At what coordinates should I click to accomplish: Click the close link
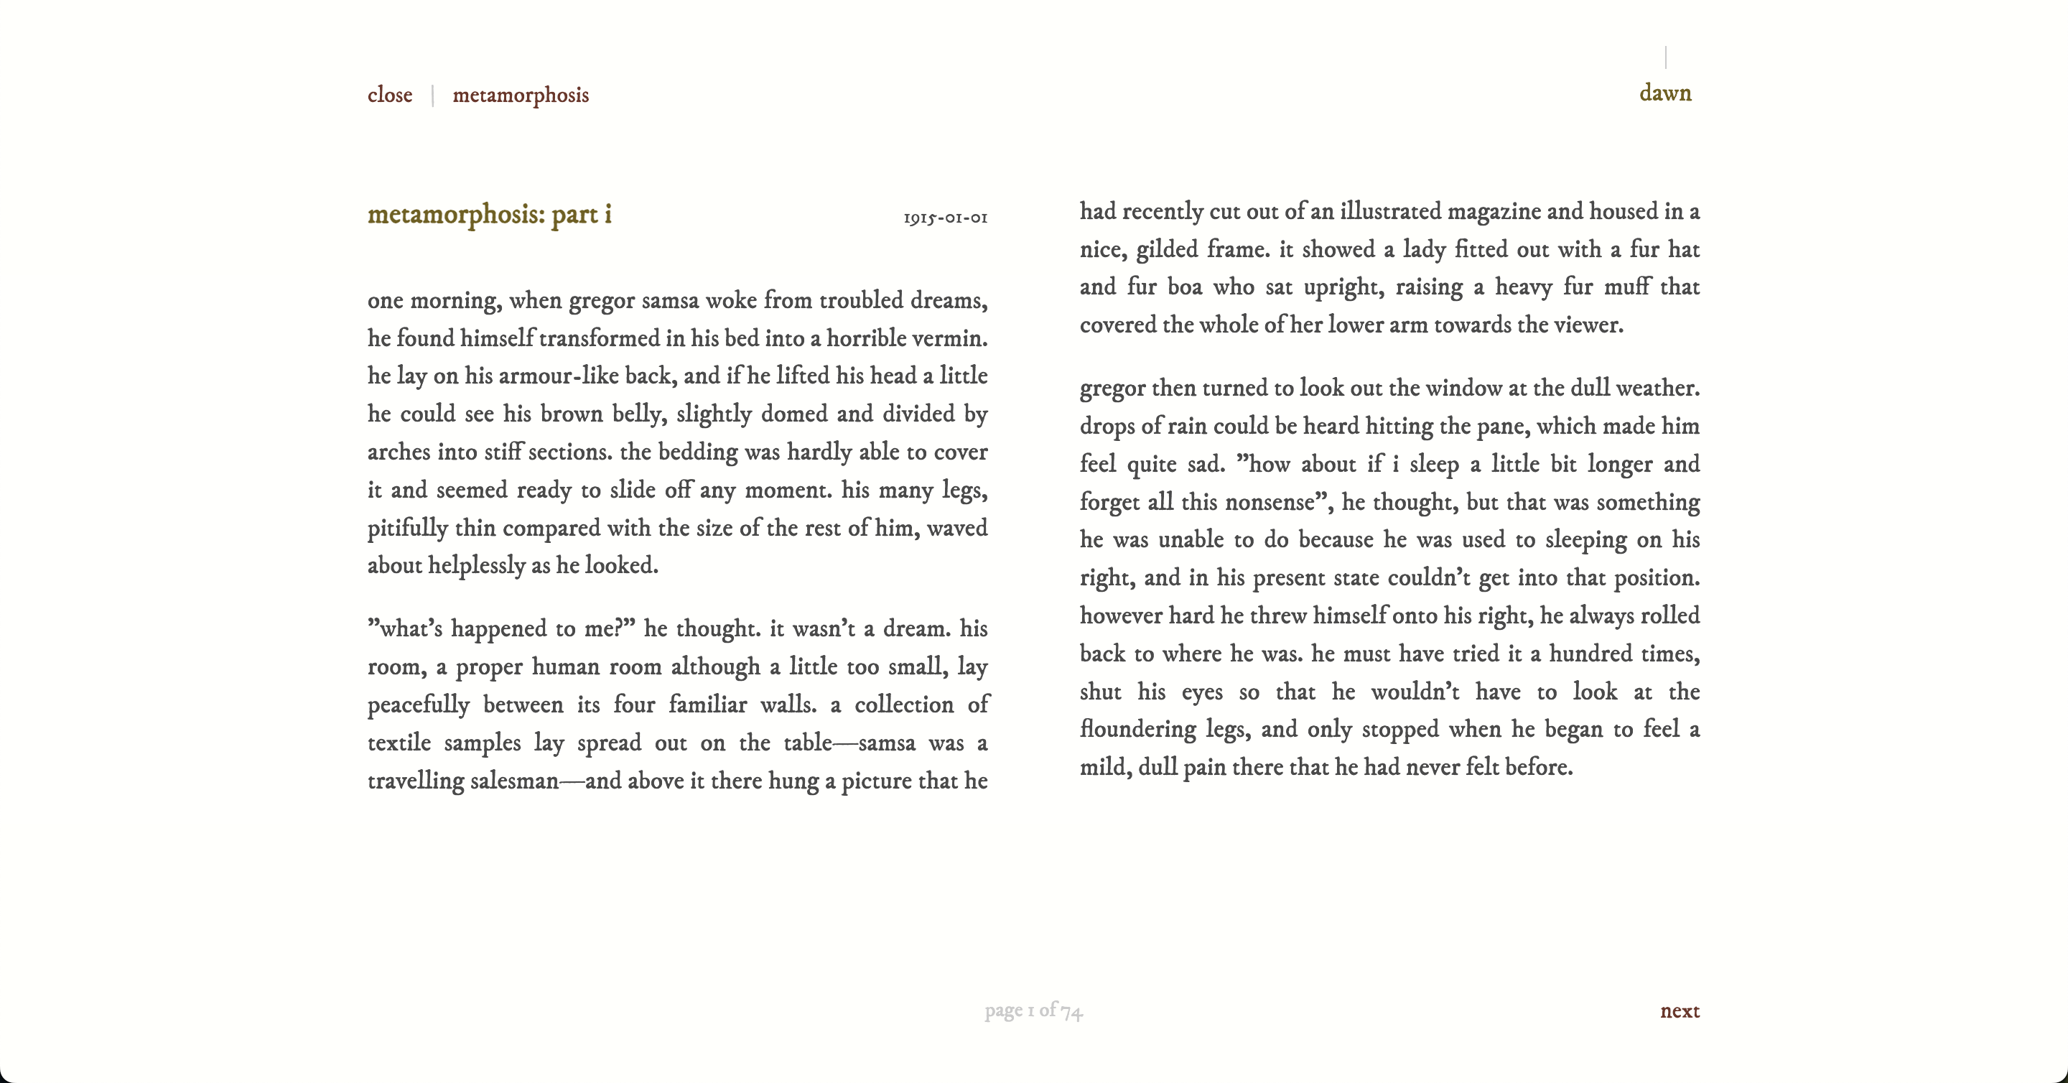pyautogui.click(x=389, y=95)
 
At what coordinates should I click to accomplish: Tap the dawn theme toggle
pyautogui.click(x=1664, y=93)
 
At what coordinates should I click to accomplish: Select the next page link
pyautogui.click(x=1680, y=1010)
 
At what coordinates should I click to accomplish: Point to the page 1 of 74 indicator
pyautogui.click(x=1033, y=1010)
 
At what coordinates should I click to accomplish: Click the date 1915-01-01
pyautogui.click(x=945, y=218)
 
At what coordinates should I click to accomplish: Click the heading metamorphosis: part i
pyautogui.click(x=489, y=214)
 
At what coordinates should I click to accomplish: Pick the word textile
pyautogui.click(x=399, y=743)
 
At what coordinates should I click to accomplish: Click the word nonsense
pyautogui.click(x=1270, y=502)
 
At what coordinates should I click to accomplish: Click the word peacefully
pyautogui.click(x=418, y=705)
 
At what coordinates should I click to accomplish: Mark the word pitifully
pyautogui.click(x=407, y=529)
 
